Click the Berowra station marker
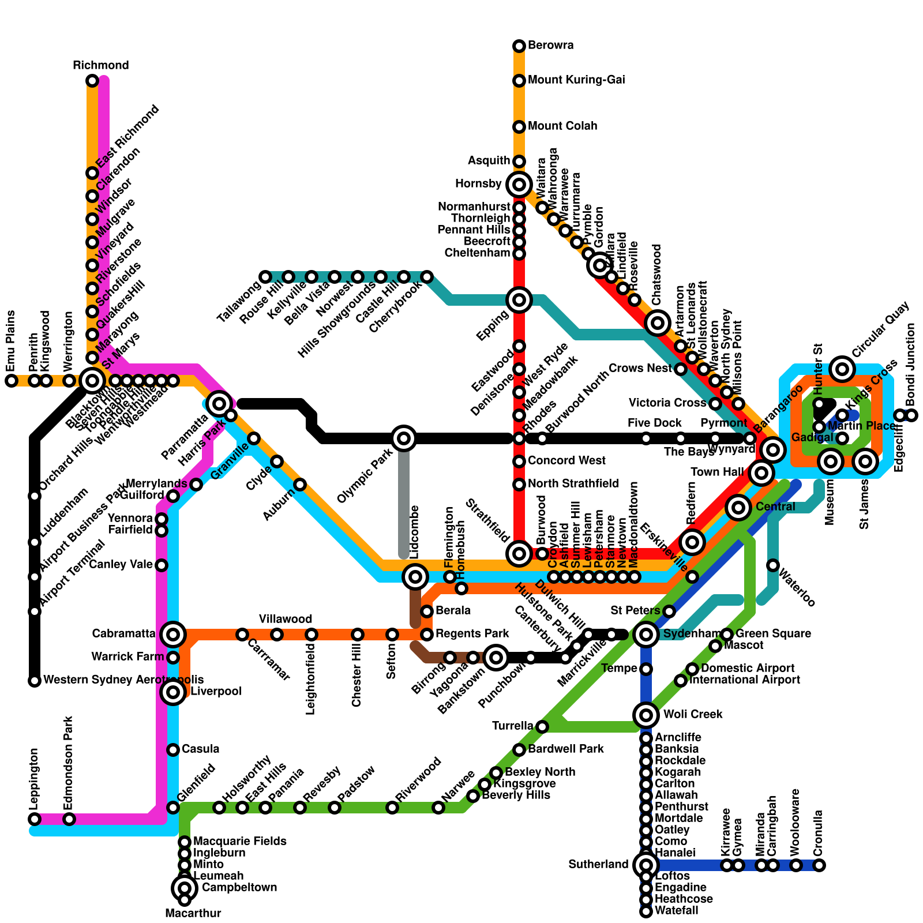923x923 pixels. [519, 46]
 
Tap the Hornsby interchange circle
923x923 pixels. [519, 185]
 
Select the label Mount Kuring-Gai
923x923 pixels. [576, 80]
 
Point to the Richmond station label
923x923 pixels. [101, 65]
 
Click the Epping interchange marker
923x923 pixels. [519, 299]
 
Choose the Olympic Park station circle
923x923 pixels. [404, 438]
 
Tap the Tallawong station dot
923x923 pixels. [265, 277]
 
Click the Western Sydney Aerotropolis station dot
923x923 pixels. [35, 681]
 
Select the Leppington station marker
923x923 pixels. [35, 819]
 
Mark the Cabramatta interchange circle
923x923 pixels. [173, 635]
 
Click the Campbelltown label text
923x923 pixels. [239, 887]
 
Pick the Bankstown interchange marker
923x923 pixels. [496, 657]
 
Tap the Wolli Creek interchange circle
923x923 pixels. [646, 715]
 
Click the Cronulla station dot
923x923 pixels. [819, 865]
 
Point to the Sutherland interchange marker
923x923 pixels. [646, 865]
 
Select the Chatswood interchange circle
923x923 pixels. [658, 323]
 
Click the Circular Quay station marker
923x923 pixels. [842, 369]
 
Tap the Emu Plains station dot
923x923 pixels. [12, 381]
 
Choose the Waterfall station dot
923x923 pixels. [646, 911]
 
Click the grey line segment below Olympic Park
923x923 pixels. [404, 502]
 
